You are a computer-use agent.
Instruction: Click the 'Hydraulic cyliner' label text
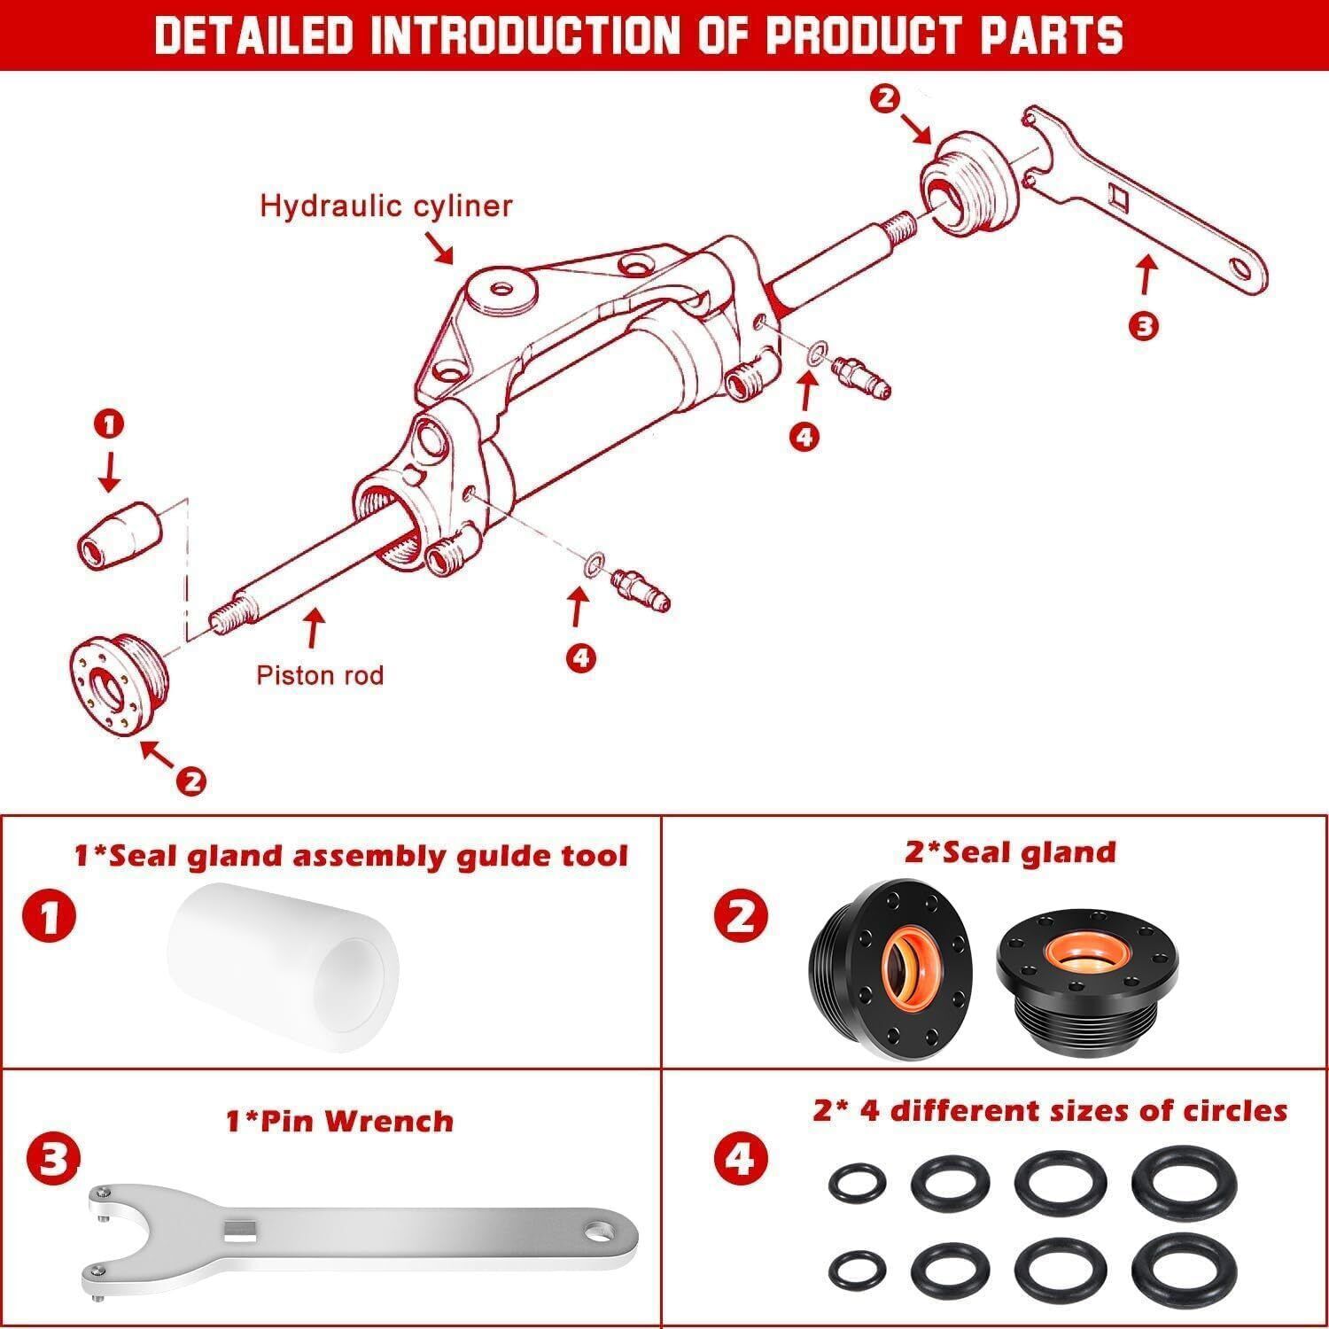pyautogui.click(x=385, y=206)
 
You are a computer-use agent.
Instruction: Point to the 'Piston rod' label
pyautogui.click(x=320, y=675)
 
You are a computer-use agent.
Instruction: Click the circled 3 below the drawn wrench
pyautogui.click(x=1143, y=326)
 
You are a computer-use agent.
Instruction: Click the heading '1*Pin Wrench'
pyautogui.click(x=339, y=1121)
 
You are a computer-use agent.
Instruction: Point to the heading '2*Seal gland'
pyautogui.click(x=1010, y=852)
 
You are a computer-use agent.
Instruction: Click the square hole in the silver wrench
pyautogui.click(x=240, y=1231)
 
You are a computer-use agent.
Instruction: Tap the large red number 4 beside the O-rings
pyautogui.click(x=740, y=1158)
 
